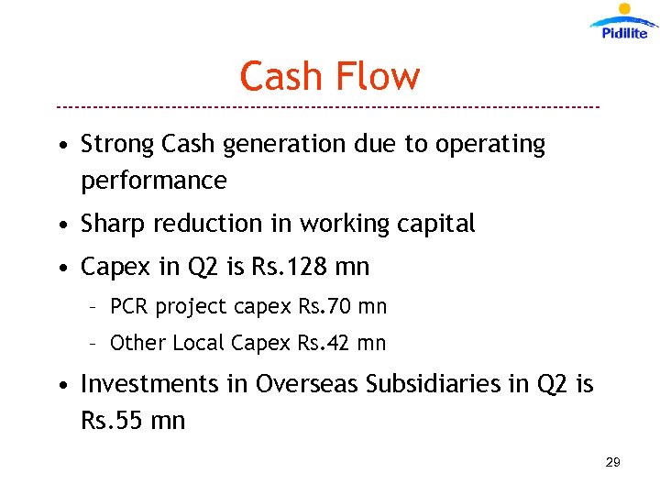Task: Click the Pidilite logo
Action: tap(624, 22)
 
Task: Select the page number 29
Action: tap(613, 462)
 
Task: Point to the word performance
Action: tap(153, 181)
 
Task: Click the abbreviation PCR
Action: tap(129, 306)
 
